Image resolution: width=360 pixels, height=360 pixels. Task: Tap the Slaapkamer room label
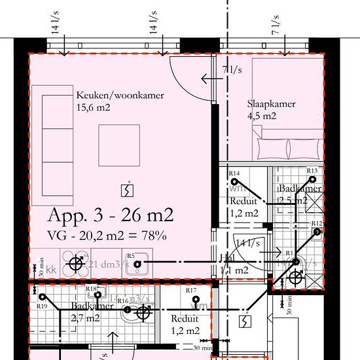tap(271, 103)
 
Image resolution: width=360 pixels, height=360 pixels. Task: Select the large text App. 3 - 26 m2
tap(111, 215)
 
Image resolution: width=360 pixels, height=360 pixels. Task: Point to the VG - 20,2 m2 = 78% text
tap(107, 235)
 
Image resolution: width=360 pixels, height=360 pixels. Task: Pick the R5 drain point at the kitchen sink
tap(137, 264)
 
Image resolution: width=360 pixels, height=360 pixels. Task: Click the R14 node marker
tap(237, 181)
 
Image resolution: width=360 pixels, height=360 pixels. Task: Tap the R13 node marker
tap(312, 180)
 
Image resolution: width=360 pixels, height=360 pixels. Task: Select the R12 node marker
tap(317, 231)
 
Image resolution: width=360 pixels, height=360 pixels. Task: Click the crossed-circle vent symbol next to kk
tap(77, 264)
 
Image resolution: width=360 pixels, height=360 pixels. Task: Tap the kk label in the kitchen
tap(51, 268)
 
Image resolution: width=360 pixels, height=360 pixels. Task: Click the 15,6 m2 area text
tap(92, 107)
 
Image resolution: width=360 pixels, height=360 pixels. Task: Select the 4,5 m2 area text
tap(262, 116)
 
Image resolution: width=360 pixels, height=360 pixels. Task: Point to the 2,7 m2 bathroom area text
tap(85, 319)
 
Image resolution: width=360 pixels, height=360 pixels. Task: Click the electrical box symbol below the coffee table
tap(125, 190)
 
